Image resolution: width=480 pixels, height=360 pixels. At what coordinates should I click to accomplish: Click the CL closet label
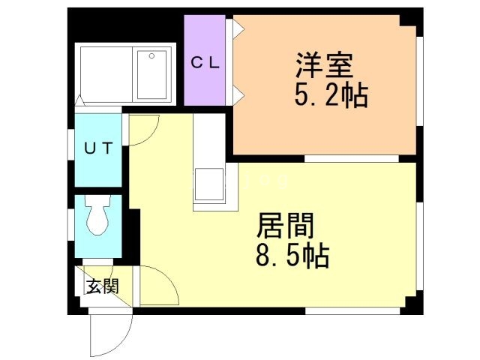204,63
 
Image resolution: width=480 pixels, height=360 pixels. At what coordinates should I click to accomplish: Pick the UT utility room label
97,148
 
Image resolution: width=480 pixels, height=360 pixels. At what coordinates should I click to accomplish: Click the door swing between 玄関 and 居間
156,285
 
